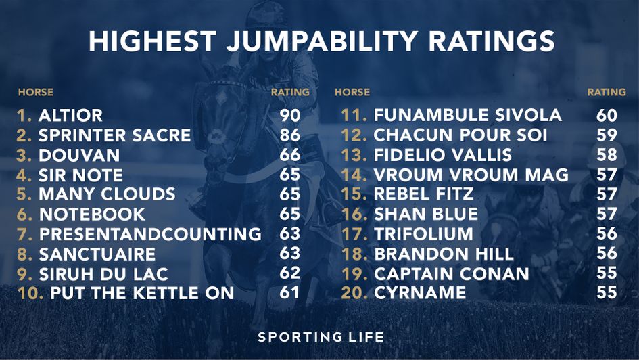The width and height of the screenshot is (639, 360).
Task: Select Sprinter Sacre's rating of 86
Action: point(290,135)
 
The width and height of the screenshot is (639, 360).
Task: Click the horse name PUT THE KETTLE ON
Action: point(142,293)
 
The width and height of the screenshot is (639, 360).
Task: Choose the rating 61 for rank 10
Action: point(289,293)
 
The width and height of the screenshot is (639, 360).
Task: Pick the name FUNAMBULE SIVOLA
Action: point(467,116)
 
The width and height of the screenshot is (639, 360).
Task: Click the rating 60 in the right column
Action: point(607,116)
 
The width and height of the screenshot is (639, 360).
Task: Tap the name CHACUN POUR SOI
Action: point(460,135)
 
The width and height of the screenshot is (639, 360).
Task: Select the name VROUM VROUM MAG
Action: point(471,175)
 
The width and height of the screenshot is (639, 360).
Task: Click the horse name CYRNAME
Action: point(420,293)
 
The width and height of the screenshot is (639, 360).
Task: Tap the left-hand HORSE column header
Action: point(35,92)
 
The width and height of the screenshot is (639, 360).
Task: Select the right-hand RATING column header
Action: point(607,92)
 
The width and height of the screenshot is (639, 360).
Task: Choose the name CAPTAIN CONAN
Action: point(452,273)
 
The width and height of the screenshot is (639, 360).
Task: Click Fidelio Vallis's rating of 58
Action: point(607,155)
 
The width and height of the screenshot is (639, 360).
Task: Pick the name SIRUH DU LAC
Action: point(103,273)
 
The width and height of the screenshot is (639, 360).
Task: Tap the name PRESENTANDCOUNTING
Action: point(150,234)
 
